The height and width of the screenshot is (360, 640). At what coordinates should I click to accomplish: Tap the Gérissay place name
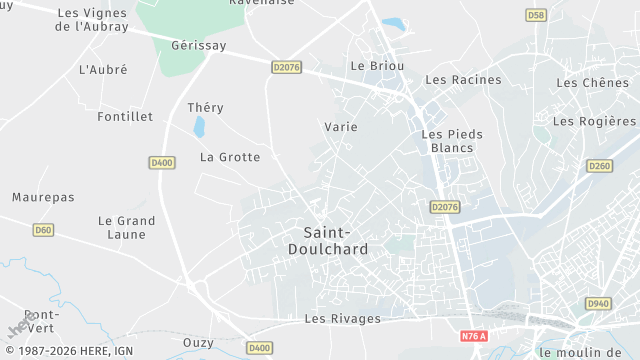[x=199, y=46]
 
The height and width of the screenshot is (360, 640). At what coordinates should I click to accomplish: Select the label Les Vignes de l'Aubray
[x=93, y=20]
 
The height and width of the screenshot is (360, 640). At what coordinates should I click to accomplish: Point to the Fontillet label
[x=126, y=117]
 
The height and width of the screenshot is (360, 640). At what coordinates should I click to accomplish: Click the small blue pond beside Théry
[x=199, y=127]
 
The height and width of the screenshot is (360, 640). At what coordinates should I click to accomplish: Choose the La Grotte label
[x=230, y=157]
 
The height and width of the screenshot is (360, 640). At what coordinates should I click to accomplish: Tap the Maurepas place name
[x=43, y=198]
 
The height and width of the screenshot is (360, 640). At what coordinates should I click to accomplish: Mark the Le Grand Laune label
[x=126, y=227]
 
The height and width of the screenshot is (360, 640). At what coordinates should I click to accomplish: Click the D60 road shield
[x=42, y=230]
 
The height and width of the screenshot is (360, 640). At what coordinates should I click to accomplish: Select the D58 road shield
[x=537, y=15]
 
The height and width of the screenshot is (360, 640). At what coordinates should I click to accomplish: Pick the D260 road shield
[x=599, y=166]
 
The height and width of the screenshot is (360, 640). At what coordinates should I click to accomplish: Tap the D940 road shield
[x=597, y=303]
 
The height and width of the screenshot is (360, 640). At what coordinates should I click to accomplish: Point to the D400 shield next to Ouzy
[x=259, y=347]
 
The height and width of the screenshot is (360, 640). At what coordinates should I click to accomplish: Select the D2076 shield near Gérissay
[x=286, y=67]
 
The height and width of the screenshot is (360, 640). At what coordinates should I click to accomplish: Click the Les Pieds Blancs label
[x=452, y=141]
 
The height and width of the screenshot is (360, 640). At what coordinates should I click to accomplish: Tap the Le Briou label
[x=377, y=66]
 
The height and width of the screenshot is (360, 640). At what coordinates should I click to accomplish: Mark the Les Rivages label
[x=342, y=319]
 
